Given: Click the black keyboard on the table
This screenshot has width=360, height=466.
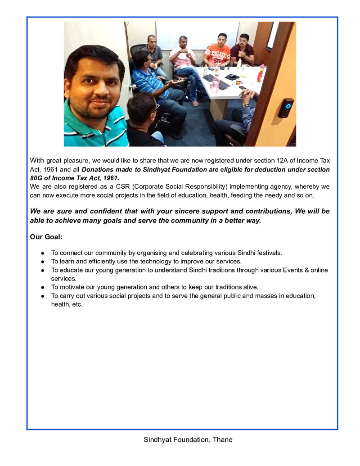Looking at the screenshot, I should [x=216, y=81].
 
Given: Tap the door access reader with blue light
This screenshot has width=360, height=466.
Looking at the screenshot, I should [x=286, y=108].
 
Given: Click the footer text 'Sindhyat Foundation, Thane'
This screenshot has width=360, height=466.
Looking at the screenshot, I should [x=188, y=439].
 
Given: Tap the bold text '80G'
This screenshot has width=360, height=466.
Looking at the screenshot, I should [x=38, y=178].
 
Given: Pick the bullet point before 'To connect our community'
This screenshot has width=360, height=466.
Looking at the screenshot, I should [x=42, y=253].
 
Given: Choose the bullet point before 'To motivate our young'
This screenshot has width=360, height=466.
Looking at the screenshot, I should [x=42, y=287].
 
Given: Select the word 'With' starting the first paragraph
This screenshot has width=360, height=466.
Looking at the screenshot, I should [x=37, y=161].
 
